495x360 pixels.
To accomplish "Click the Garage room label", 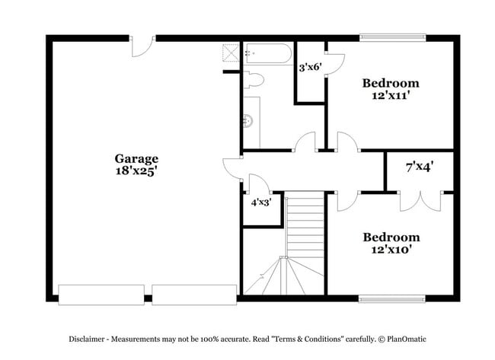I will (136, 158).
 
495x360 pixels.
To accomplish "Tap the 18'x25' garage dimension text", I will (136, 171).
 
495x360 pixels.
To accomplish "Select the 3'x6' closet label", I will (310, 67).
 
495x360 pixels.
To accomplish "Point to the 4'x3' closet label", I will (261, 202).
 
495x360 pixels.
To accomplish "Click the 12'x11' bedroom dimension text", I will (391, 96).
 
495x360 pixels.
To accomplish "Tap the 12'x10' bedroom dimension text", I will (391, 250).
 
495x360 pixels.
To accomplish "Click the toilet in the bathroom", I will (254, 79).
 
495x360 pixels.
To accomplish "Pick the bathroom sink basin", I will (247, 119).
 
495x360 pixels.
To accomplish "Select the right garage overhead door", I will (194, 295).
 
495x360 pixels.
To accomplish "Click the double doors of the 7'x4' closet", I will (420, 201).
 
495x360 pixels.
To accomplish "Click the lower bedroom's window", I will (391, 299).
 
